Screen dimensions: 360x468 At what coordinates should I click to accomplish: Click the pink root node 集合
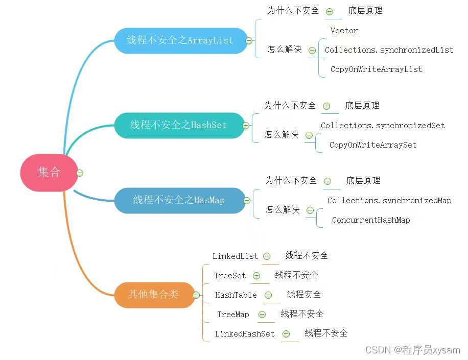click(49, 173)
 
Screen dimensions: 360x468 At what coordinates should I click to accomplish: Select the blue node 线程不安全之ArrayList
click(180, 40)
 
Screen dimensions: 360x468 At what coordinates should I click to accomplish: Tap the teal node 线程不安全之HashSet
click(178, 125)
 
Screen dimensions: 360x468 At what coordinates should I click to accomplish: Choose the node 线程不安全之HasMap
click(179, 200)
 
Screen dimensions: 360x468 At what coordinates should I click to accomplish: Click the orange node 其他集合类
click(153, 295)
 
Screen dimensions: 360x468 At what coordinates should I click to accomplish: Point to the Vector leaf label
click(344, 31)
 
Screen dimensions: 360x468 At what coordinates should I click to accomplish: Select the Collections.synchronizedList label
click(389, 50)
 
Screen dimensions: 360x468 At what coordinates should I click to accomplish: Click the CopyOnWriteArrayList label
click(376, 69)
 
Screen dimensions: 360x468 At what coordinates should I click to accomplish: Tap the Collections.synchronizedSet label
click(383, 126)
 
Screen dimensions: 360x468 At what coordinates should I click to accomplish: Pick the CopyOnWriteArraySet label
click(373, 145)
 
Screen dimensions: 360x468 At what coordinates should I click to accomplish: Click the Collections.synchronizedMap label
click(389, 201)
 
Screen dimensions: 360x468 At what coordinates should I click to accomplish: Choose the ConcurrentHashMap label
click(371, 220)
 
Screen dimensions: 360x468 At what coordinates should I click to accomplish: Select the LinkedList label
click(236, 256)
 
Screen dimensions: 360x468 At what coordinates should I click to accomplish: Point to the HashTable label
click(236, 295)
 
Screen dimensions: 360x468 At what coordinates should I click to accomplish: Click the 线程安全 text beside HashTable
click(304, 295)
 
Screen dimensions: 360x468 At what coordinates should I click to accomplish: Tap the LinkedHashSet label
click(245, 334)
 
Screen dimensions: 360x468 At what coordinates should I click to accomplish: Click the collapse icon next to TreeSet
click(256, 276)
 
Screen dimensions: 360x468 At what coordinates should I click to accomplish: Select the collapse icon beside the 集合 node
click(80, 173)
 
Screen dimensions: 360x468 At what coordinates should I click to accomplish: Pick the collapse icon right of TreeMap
click(262, 315)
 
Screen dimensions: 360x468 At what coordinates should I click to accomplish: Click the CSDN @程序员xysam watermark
click(413, 350)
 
